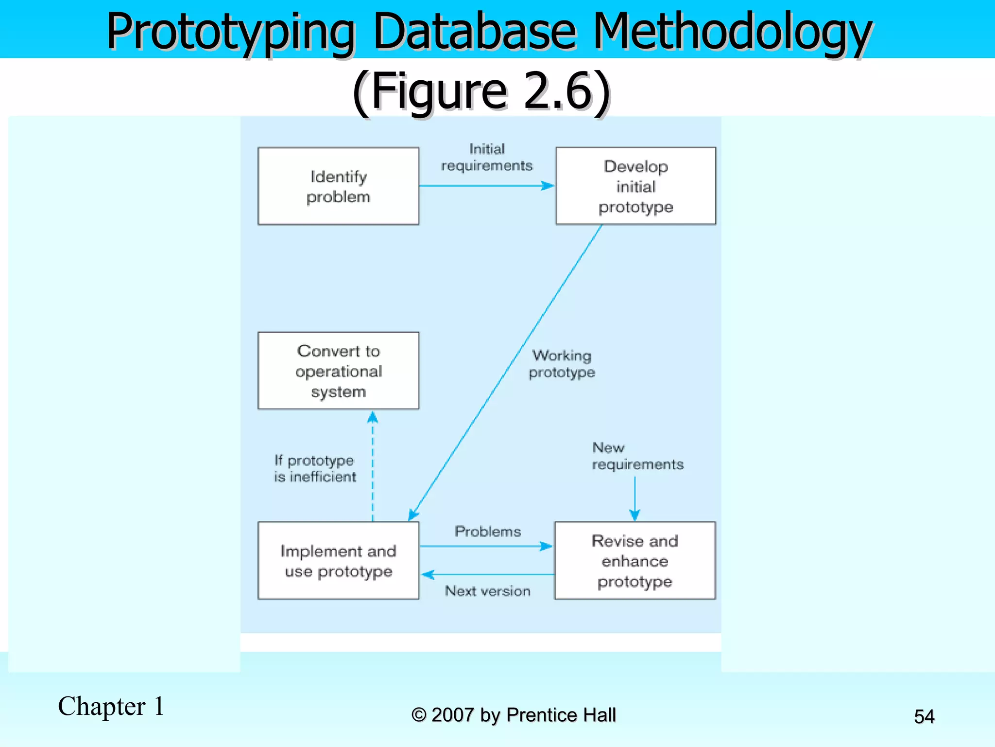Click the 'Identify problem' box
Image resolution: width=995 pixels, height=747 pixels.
click(338, 186)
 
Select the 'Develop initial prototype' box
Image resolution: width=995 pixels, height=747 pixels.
click(635, 186)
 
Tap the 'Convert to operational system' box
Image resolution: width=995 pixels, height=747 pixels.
click(338, 371)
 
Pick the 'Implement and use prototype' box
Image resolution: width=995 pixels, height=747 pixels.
click(338, 560)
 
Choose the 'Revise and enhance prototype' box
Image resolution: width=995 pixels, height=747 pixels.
click(635, 560)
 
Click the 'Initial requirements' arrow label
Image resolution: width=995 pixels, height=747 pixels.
click(487, 157)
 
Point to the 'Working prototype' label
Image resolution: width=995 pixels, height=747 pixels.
click(562, 364)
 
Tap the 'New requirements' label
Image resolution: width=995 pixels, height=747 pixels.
click(637, 456)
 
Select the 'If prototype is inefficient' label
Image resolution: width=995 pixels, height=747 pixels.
click(315, 468)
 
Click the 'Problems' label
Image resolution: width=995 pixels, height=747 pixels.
click(488, 531)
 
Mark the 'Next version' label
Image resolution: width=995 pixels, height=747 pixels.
click(488, 591)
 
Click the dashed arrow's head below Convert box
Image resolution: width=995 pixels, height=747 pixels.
click(373, 417)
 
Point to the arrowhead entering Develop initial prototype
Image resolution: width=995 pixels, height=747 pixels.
click(548, 186)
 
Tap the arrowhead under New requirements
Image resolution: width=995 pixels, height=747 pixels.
click(635, 515)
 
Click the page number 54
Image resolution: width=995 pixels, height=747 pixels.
click(924, 716)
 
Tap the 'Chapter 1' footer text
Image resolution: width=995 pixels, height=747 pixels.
click(111, 706)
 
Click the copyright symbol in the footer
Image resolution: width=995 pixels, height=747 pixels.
click(418, 715)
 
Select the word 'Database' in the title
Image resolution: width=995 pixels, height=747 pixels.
click(475, 32)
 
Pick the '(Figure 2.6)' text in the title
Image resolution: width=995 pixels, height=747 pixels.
click(481, 91)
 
